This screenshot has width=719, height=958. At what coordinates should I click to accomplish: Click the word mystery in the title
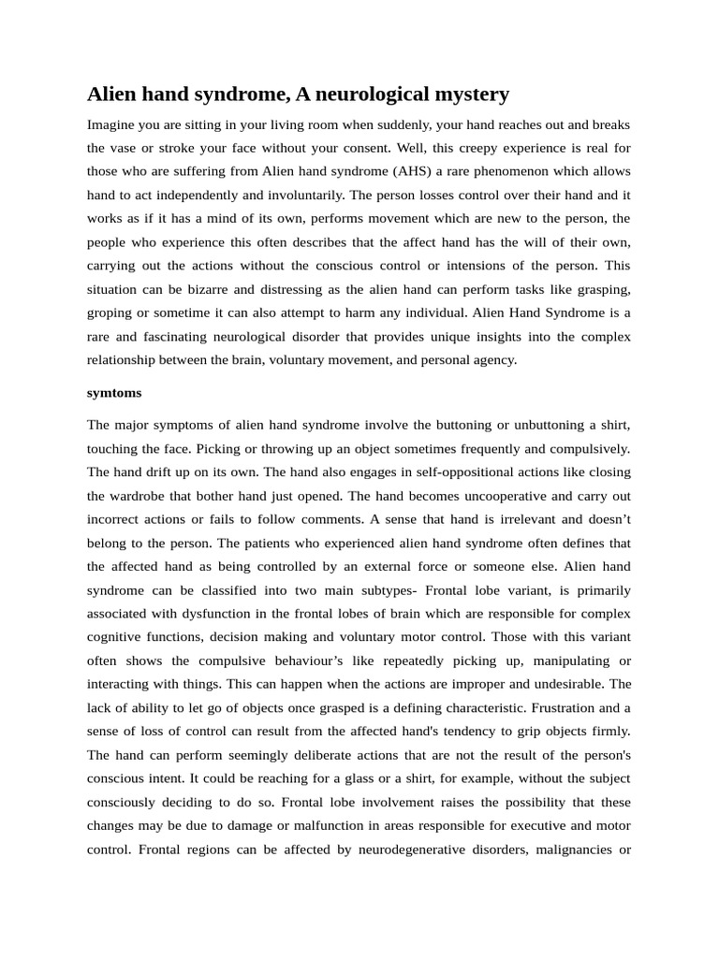[x=468, y=94]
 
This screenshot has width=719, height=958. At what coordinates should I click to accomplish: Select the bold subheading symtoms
[x=114, y=393]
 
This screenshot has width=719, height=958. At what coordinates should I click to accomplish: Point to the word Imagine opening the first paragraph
[x=112, y=124]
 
